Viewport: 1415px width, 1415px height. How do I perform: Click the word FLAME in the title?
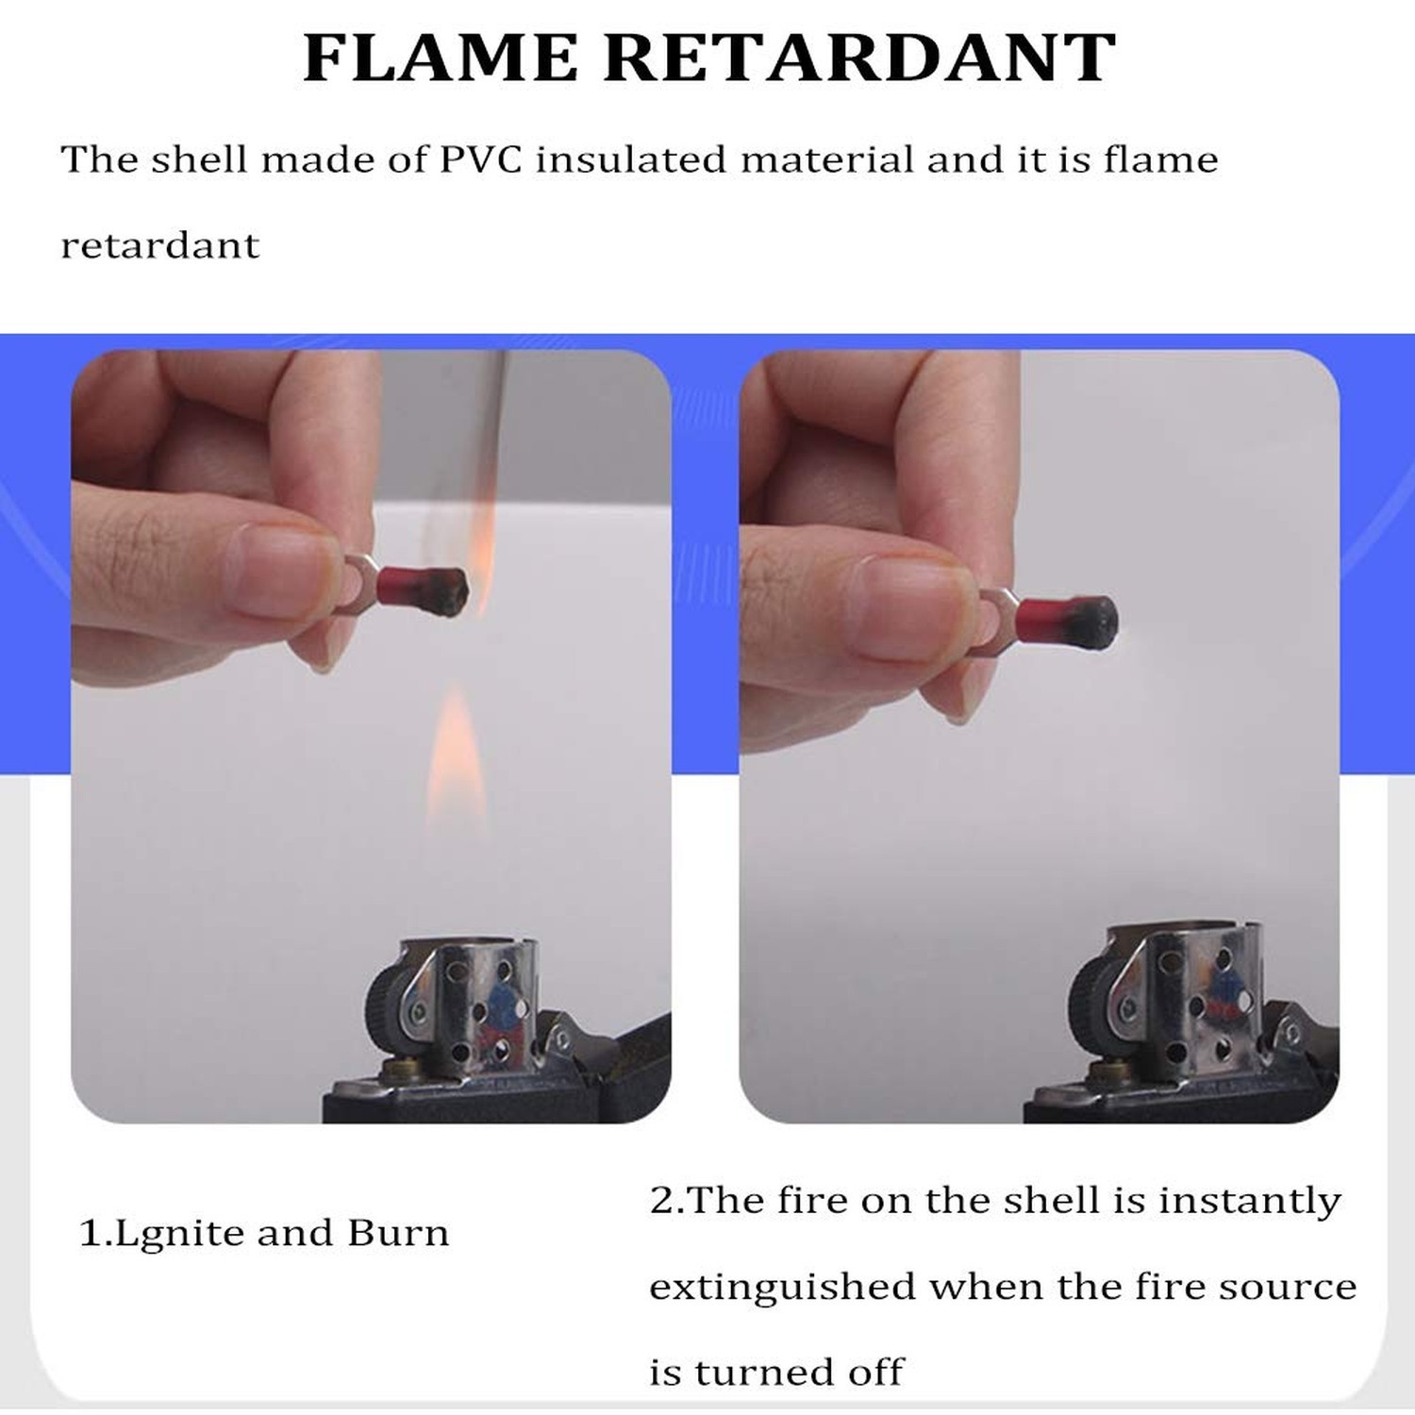(x=441, y=58)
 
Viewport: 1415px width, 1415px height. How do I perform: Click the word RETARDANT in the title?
(x=859, y=58)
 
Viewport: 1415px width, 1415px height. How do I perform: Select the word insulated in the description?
(x=631, y=159)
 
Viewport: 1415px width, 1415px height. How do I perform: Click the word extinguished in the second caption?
(x=782, y=1288)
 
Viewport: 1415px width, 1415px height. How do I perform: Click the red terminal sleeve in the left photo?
(x=408, y=584)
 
